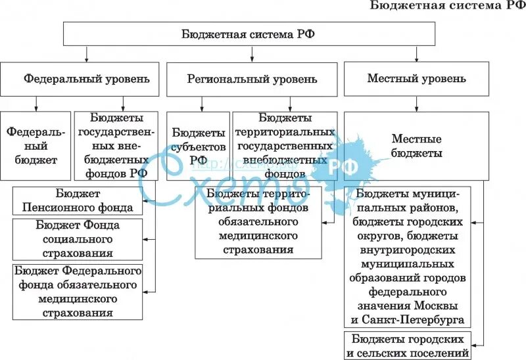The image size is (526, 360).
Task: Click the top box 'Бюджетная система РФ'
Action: pos(249,34)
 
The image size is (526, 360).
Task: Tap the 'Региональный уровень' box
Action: pos(252,79)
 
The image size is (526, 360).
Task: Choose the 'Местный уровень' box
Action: pos(416,79)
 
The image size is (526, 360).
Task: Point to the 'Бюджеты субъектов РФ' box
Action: pos(198,145)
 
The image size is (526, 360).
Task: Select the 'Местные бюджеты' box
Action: pos(416,145)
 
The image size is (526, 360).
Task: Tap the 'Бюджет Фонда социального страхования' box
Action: pos(78,239)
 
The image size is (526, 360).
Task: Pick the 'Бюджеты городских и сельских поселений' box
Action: pos(408,346)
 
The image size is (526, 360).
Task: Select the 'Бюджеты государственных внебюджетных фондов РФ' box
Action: pos(116,145)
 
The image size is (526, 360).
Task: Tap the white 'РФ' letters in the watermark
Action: pos(343,166)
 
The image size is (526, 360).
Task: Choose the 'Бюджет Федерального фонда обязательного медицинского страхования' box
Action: pos(78,290)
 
